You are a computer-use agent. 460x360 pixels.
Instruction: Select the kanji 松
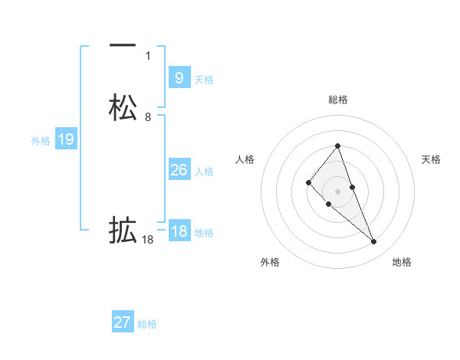(123, 108)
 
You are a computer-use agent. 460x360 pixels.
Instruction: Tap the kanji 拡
(123, 231)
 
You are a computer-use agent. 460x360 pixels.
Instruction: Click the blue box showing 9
(179, 78)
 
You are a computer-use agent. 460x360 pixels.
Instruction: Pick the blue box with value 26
(179, 170)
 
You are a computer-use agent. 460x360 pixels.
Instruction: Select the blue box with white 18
(179, 231)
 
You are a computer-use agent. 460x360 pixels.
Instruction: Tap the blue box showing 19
(65, 139)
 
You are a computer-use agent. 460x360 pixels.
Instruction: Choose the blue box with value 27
(123, 322)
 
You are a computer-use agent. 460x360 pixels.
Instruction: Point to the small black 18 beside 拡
(148, 240)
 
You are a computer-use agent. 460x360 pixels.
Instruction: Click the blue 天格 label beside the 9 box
(204, 80)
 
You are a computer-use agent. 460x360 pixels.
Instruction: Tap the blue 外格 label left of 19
(40, 141)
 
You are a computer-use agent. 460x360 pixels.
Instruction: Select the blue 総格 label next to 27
(147, 324)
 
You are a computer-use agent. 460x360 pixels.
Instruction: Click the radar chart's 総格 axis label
(338, 100)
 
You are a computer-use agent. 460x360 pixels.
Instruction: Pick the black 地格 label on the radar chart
(402, 262)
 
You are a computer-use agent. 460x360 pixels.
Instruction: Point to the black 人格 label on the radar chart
(245, 159)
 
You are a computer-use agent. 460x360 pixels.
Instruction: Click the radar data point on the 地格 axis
(374, 242)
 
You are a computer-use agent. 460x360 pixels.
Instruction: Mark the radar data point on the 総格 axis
(338, 146)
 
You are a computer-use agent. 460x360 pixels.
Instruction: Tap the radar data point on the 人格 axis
(308, 182)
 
